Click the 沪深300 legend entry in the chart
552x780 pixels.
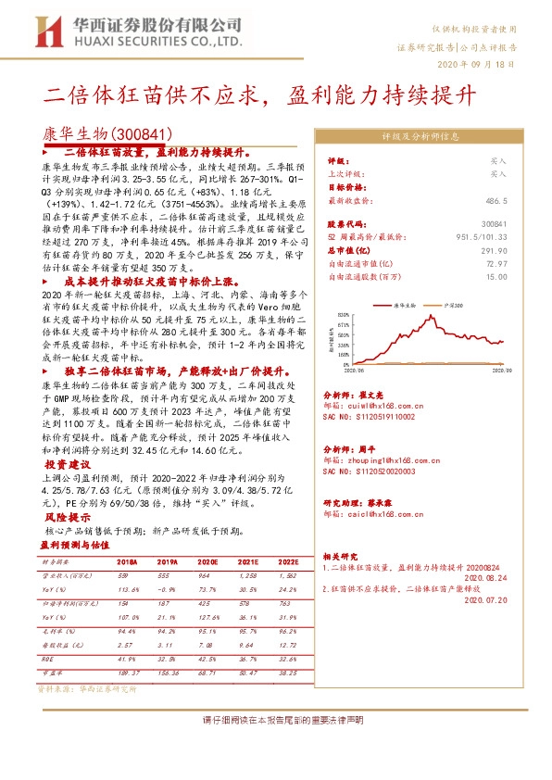[x=451, y=304]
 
